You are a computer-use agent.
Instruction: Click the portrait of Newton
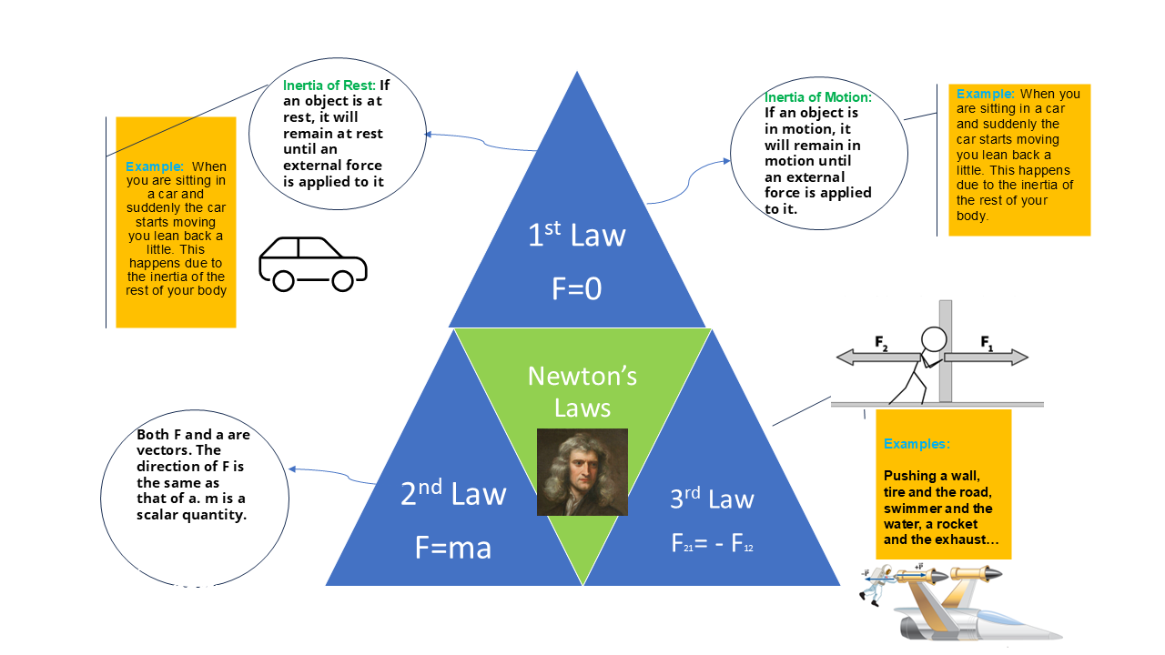[x=582, y=472]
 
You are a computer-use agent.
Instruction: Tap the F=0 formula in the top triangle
[x=576, y=288]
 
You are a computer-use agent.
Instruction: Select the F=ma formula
[x=453, y=548]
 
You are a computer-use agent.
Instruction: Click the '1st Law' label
[x=576, y=234]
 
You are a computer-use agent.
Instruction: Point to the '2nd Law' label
[x=453, y=492]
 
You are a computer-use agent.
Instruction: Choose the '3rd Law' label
[x=712, y=498]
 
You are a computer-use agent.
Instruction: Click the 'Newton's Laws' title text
[x=582, y=391]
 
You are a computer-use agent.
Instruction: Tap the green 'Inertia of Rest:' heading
[x=329, y=86]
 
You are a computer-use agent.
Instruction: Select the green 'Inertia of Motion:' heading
[x=817, y=97]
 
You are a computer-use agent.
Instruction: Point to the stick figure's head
[x=934, y=340]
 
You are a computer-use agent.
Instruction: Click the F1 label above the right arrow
[x=987, y=343]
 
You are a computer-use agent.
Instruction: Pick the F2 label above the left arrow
[x=881, y=343]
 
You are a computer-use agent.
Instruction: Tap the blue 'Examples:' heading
[x=917, y=444]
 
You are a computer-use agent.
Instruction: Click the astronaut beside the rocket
[x=876, y=585]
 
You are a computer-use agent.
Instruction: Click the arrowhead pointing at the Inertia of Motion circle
[x=726, y=161]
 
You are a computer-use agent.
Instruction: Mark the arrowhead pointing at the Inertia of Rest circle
[x=429, y=135]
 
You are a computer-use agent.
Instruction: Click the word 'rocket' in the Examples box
[x=957, y=524]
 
